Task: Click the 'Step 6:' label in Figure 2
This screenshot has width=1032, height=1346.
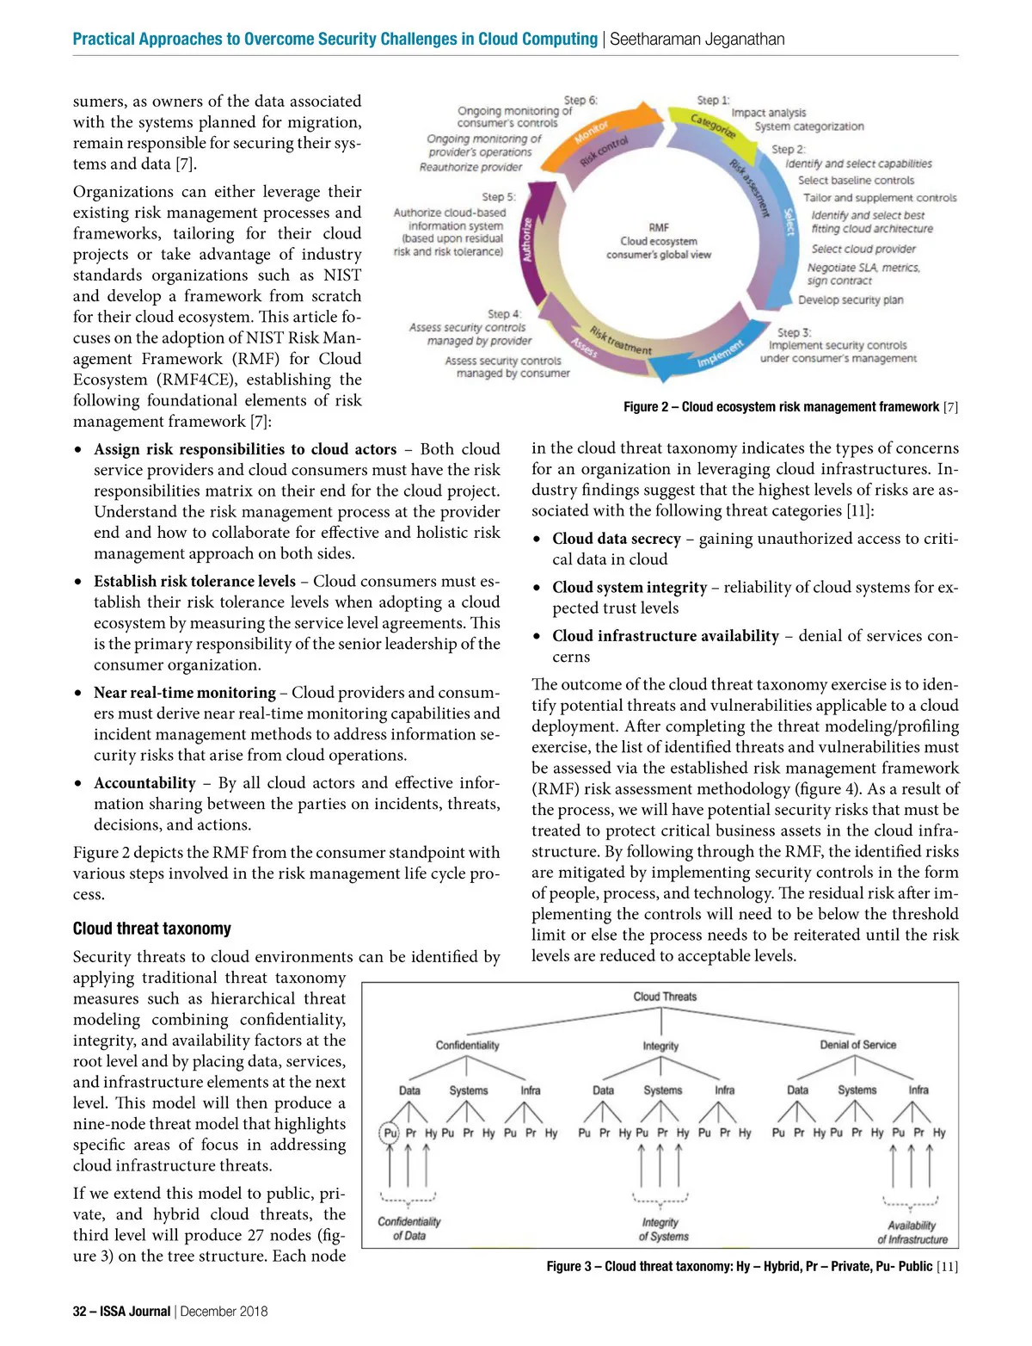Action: pos(580,101)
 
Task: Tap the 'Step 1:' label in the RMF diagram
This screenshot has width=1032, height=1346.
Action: pos(713,101)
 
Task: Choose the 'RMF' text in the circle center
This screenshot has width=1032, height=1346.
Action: pos(659,227)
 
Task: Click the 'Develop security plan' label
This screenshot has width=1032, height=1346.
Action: pos(851,300)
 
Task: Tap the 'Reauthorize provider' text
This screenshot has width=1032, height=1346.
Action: pos(470,167)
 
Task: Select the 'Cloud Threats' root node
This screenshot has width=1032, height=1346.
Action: pos(665,997)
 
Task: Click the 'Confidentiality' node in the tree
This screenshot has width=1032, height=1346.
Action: pos(467,1045)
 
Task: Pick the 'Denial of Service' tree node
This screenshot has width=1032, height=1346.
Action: pos(857,1045)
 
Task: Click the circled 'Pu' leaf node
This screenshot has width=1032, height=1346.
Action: pos(390,1133)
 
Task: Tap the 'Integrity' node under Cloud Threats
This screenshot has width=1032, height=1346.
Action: pos(660,1046)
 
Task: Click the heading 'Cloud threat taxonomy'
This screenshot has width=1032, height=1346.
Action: pos(152,929)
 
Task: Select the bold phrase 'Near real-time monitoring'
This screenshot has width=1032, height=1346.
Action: pos(185,693)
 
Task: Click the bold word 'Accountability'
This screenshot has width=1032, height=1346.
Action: pos(144,783)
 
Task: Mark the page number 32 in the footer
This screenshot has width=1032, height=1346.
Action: pos(80,1312)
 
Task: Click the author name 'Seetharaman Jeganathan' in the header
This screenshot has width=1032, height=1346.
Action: pos(697,39)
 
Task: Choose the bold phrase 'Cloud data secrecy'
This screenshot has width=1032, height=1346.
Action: pos(617,539)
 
